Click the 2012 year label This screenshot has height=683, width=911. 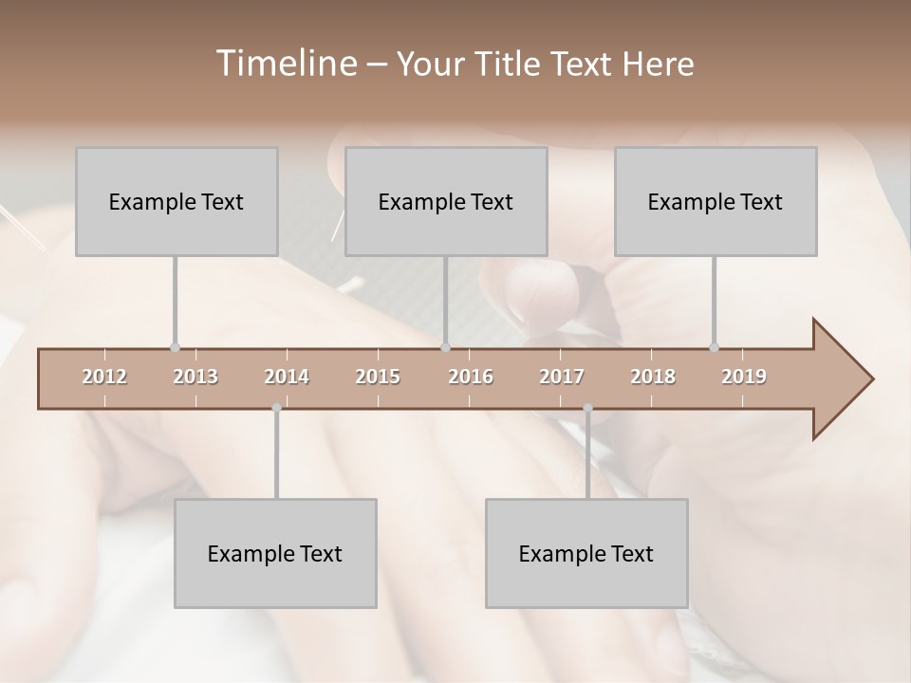104,377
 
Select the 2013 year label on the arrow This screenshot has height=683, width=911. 195,377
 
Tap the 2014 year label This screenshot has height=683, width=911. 287,377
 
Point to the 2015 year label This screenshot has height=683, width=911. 378,377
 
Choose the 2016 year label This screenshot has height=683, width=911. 471,377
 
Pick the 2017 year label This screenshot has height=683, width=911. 562,377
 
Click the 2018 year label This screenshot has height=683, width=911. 653,377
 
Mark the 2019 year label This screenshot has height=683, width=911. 744,377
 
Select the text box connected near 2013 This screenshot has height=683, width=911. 177,201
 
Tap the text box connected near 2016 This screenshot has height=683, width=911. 446,201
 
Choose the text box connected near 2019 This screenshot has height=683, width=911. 716,201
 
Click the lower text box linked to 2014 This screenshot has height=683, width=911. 275,553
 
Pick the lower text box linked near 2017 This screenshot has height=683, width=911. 586,553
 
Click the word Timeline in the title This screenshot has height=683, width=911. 285,64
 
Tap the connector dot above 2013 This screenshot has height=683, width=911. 175,347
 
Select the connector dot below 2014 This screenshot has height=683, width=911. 276,408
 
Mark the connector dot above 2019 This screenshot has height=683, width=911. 714,347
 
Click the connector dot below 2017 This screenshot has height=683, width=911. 587,408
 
